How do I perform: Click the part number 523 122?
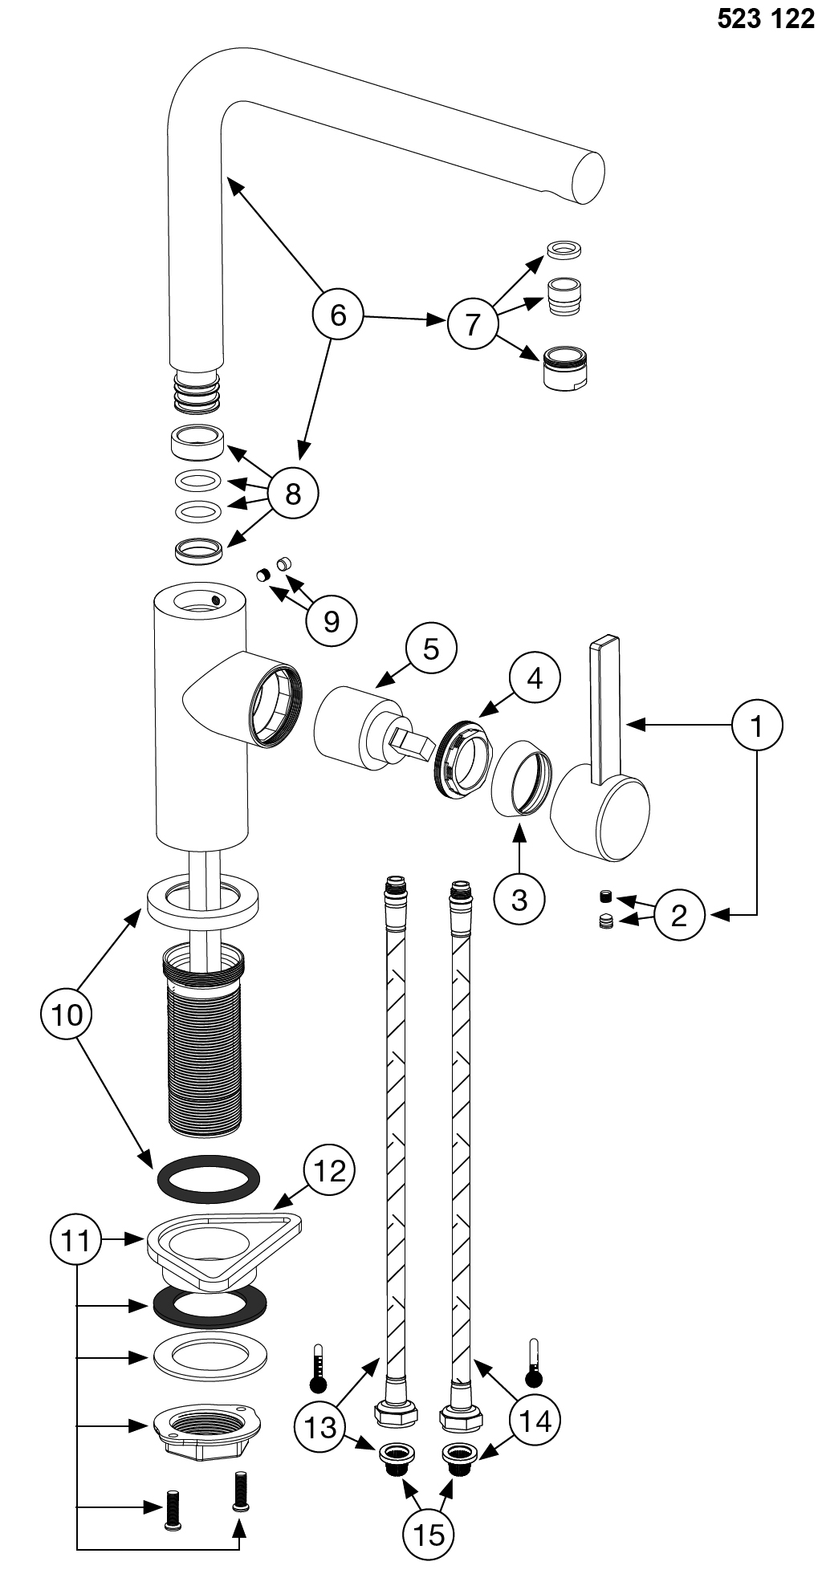point(765,19)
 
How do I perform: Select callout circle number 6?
point(338,315)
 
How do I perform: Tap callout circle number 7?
point(472,323)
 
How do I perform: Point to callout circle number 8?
point(293,493)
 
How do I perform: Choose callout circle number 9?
point(332,620)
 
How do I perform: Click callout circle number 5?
point(431,649)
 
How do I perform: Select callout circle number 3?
point(519,899)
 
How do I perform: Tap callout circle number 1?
point(756,726)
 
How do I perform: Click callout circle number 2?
point(679,914)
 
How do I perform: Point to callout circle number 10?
point(67,1015)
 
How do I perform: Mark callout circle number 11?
point(76,1241)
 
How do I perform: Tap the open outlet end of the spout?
point(588,177)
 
